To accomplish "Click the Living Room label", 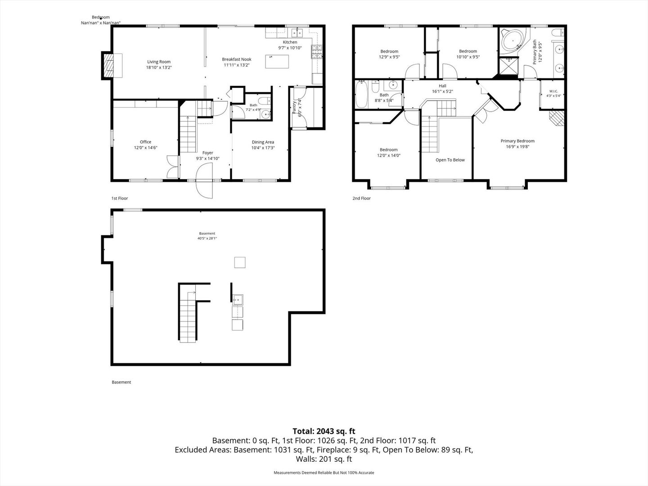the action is pyautogui.click(x=159, y=62).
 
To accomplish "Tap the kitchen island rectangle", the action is pyautogui.click(x=277, y=61).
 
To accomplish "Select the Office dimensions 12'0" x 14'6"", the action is pyautogui.click(x=145, y=148).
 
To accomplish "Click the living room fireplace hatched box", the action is pyautogui.click(x=109, y=66).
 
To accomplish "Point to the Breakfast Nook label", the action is pyautogui.click(x=236, y=59).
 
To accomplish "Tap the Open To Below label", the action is pyautogui.click(x=450, y=160).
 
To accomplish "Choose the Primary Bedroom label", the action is pyautogui.click(x=517, y=141).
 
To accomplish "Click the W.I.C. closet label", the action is pyautogui.click(x=553, y=91).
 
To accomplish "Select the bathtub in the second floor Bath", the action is pyautogui.click(x=361, y=94).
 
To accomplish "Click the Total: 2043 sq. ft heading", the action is pyautogui.click(x=324, y=431).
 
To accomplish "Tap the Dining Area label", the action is pyautogui.click(x=263, y=142).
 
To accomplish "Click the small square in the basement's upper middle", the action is pyautogui.click(x=240, y=262).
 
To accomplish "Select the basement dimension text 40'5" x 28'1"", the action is pyautogui.click(x=207, y=238).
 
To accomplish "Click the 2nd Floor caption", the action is pyautogui.click(x=361, y=198).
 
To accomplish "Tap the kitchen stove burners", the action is pyautogui.click(x=317, y=51).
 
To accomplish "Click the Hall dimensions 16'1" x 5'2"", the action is pyautogui.click(x=442, y=91).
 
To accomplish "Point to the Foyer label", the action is pyautogui.click(x=207, y=153).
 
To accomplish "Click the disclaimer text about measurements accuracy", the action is pyautogui.click(x=324, y=472).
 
